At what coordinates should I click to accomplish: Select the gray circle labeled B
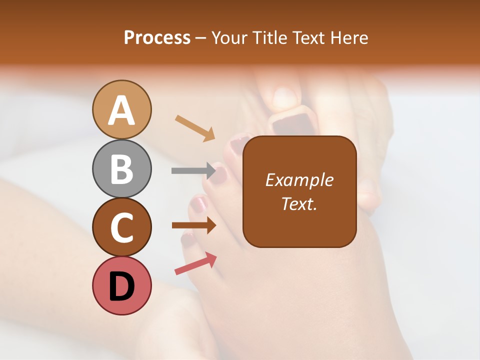pyautogui.click(x=121, y=168)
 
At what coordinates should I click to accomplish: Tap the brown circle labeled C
pyautogui.click(x=121, y=227)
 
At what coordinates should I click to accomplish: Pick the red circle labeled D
pyautogui.click(x=121, y=285)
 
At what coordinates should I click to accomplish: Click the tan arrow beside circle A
pyautogui.click(x=195, y=128)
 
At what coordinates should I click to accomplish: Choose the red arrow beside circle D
pyautogui.click(x=195, y=263)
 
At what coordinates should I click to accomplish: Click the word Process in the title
pyautogui.click(x=157, y=37)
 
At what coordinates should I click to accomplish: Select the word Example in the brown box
pyautogui.click(x=299, y=180)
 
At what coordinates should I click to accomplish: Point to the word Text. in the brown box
pyautogui.click(x=299, y=203)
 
